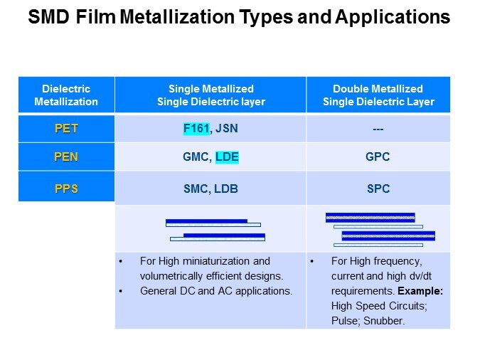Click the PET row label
(x=66, y=129)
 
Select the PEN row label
(x=66, y=157)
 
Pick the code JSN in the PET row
(x=225, y=129)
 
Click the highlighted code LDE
(x=227, y=157)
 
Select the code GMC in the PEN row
(x=195, y=157)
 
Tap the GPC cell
(x=378, y=157)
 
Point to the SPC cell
(x=378, y=189)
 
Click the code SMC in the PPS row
(x=195, y=189)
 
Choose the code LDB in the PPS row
(x=227, y=189)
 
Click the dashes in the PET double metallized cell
(x=378, y=129)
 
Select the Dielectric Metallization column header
(x=66, y=95)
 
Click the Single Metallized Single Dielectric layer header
(x=210, y=95)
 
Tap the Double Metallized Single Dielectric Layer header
(x=378, y=95)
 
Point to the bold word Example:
(x=420, y=292)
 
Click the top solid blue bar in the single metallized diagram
(x=206, y=221)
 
